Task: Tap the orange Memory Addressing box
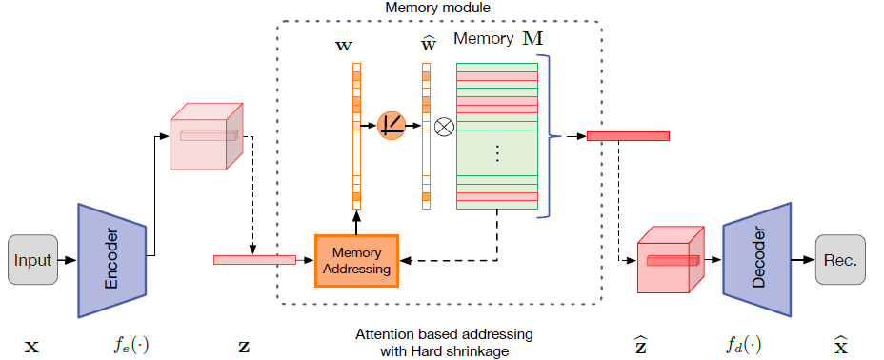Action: click(356, 259)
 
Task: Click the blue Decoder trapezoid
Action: click(757, 258)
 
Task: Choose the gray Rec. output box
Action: click(841, 259)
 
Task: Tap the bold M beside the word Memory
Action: click(529, 40)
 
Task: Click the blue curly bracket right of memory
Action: click(550, 137)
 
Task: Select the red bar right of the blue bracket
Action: click(628, 136)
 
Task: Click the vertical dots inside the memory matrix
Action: click(497, 152)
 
